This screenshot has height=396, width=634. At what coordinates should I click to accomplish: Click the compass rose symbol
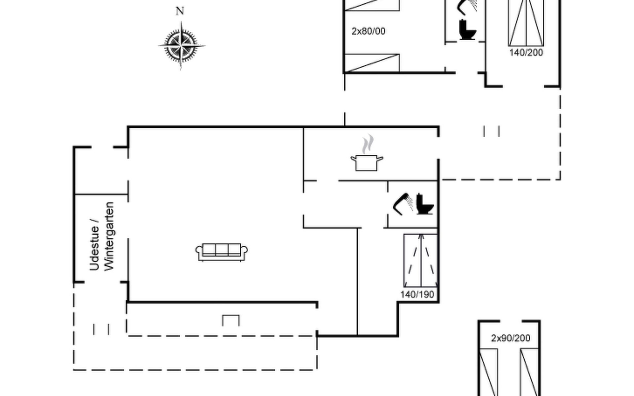point(181,46)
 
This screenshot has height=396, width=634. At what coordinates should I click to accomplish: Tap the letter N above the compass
point(180,11)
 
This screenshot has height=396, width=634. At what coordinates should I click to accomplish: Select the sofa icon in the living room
point(222,252)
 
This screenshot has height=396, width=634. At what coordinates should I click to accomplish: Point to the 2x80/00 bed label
point(368,31)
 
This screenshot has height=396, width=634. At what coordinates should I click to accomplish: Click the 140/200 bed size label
point(526,52)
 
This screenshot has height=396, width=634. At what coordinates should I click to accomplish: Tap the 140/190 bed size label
point(417,294)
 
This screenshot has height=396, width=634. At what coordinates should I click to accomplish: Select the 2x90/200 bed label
point(511,338)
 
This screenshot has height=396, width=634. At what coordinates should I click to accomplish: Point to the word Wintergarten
point(109,236)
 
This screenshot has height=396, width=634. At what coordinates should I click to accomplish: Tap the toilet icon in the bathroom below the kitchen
point(425,204)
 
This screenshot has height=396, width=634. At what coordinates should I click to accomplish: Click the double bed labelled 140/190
point(421,260)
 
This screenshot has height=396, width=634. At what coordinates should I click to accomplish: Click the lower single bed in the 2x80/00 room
point(372,63)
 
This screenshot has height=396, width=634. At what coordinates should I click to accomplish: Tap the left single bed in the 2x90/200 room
point(488,372)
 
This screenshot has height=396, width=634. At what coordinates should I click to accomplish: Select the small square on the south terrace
point(231,321)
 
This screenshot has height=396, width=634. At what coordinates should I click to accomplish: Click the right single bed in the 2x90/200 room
point(529,372)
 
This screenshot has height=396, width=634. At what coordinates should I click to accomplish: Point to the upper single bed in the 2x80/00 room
point(372,5)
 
